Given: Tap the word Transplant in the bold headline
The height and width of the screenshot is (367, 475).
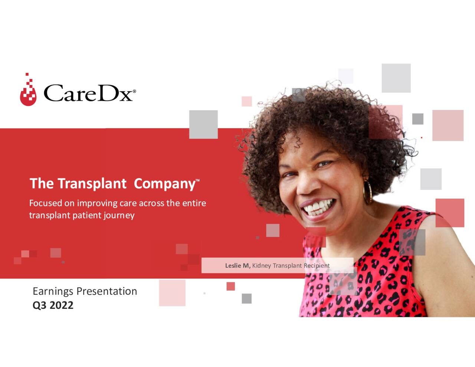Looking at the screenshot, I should [x=92, y=184].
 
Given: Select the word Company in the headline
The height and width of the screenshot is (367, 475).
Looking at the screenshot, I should [x=164, y=184].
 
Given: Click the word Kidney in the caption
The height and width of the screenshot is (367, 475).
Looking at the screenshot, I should [x=262, y=266].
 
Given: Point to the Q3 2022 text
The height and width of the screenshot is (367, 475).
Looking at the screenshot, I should [x=53, y=305].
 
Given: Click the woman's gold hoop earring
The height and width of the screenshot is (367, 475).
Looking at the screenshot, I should [x=368, y=192].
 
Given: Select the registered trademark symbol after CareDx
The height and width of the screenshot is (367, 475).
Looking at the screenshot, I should [x=134, y=91].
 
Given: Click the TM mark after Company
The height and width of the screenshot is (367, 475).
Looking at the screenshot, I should [x=197, y=181].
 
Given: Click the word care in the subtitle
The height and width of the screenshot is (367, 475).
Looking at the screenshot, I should [x=128, y=203].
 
